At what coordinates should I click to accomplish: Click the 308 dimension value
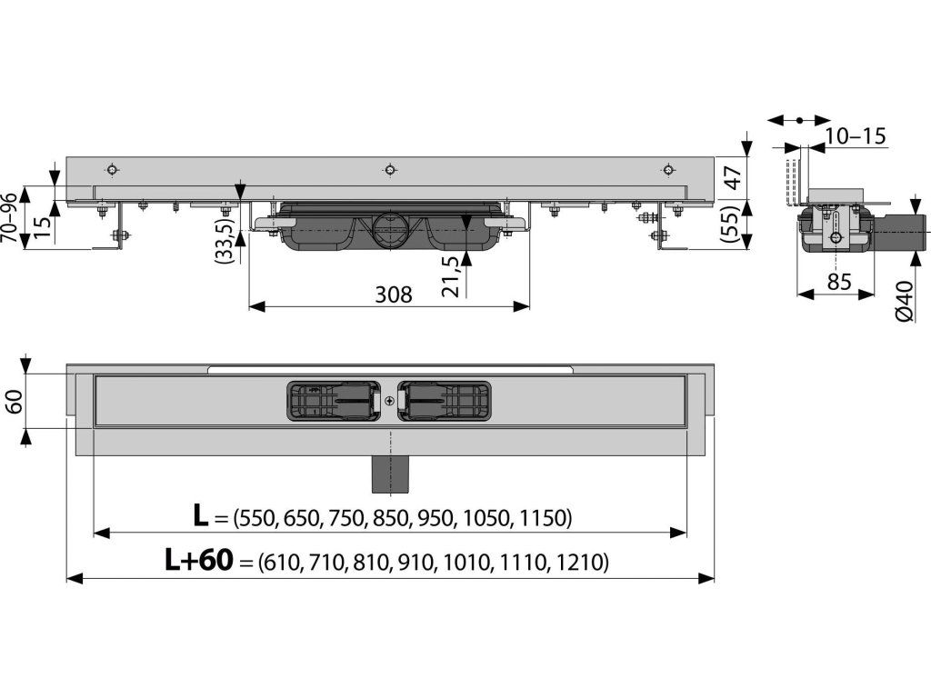tap(393, 294)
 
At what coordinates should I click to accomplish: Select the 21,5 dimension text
tap(450, 276)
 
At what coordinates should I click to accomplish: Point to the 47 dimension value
tap(734, 178)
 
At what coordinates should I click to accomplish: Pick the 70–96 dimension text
tap(9, 217)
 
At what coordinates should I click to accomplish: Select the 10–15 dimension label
tap(856, 136)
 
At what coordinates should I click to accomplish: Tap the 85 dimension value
tap(839, 281)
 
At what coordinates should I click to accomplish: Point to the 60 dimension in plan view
tap(15, 401)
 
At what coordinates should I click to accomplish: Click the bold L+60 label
tap(198, 560)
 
